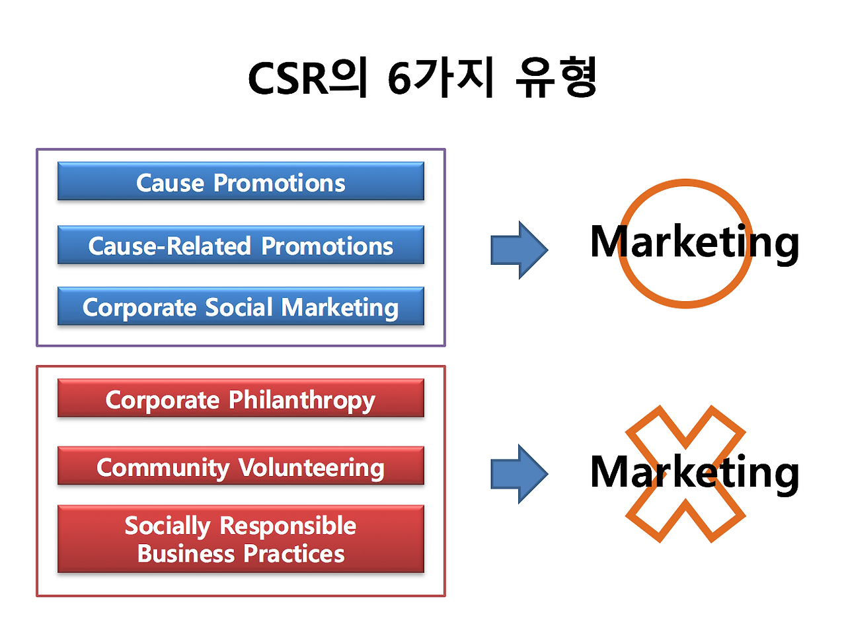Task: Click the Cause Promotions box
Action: (x=241, y=182)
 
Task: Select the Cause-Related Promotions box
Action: (x=241, y=246)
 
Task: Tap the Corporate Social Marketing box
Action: (x=241, y=307)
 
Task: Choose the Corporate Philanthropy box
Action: (x=241, y=399)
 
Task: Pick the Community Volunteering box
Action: (x=241, y=467)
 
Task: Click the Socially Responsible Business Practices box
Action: (x=241, y=539)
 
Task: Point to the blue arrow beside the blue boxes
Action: (x=519, y=250)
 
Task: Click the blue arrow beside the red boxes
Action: (x=519, y=473)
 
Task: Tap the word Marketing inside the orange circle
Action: (x=694, y=242)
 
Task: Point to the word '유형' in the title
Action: (x=555, y=79)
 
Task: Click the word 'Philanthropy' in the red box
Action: (x=302, y=400)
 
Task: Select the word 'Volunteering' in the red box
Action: (x=311, y=468)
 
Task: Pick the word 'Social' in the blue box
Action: (x=239, y=307)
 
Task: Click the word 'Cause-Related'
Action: (x=170, y=246)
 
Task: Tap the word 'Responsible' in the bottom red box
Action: (x=288, y=526)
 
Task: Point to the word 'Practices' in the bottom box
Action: (x=294, y=553)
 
